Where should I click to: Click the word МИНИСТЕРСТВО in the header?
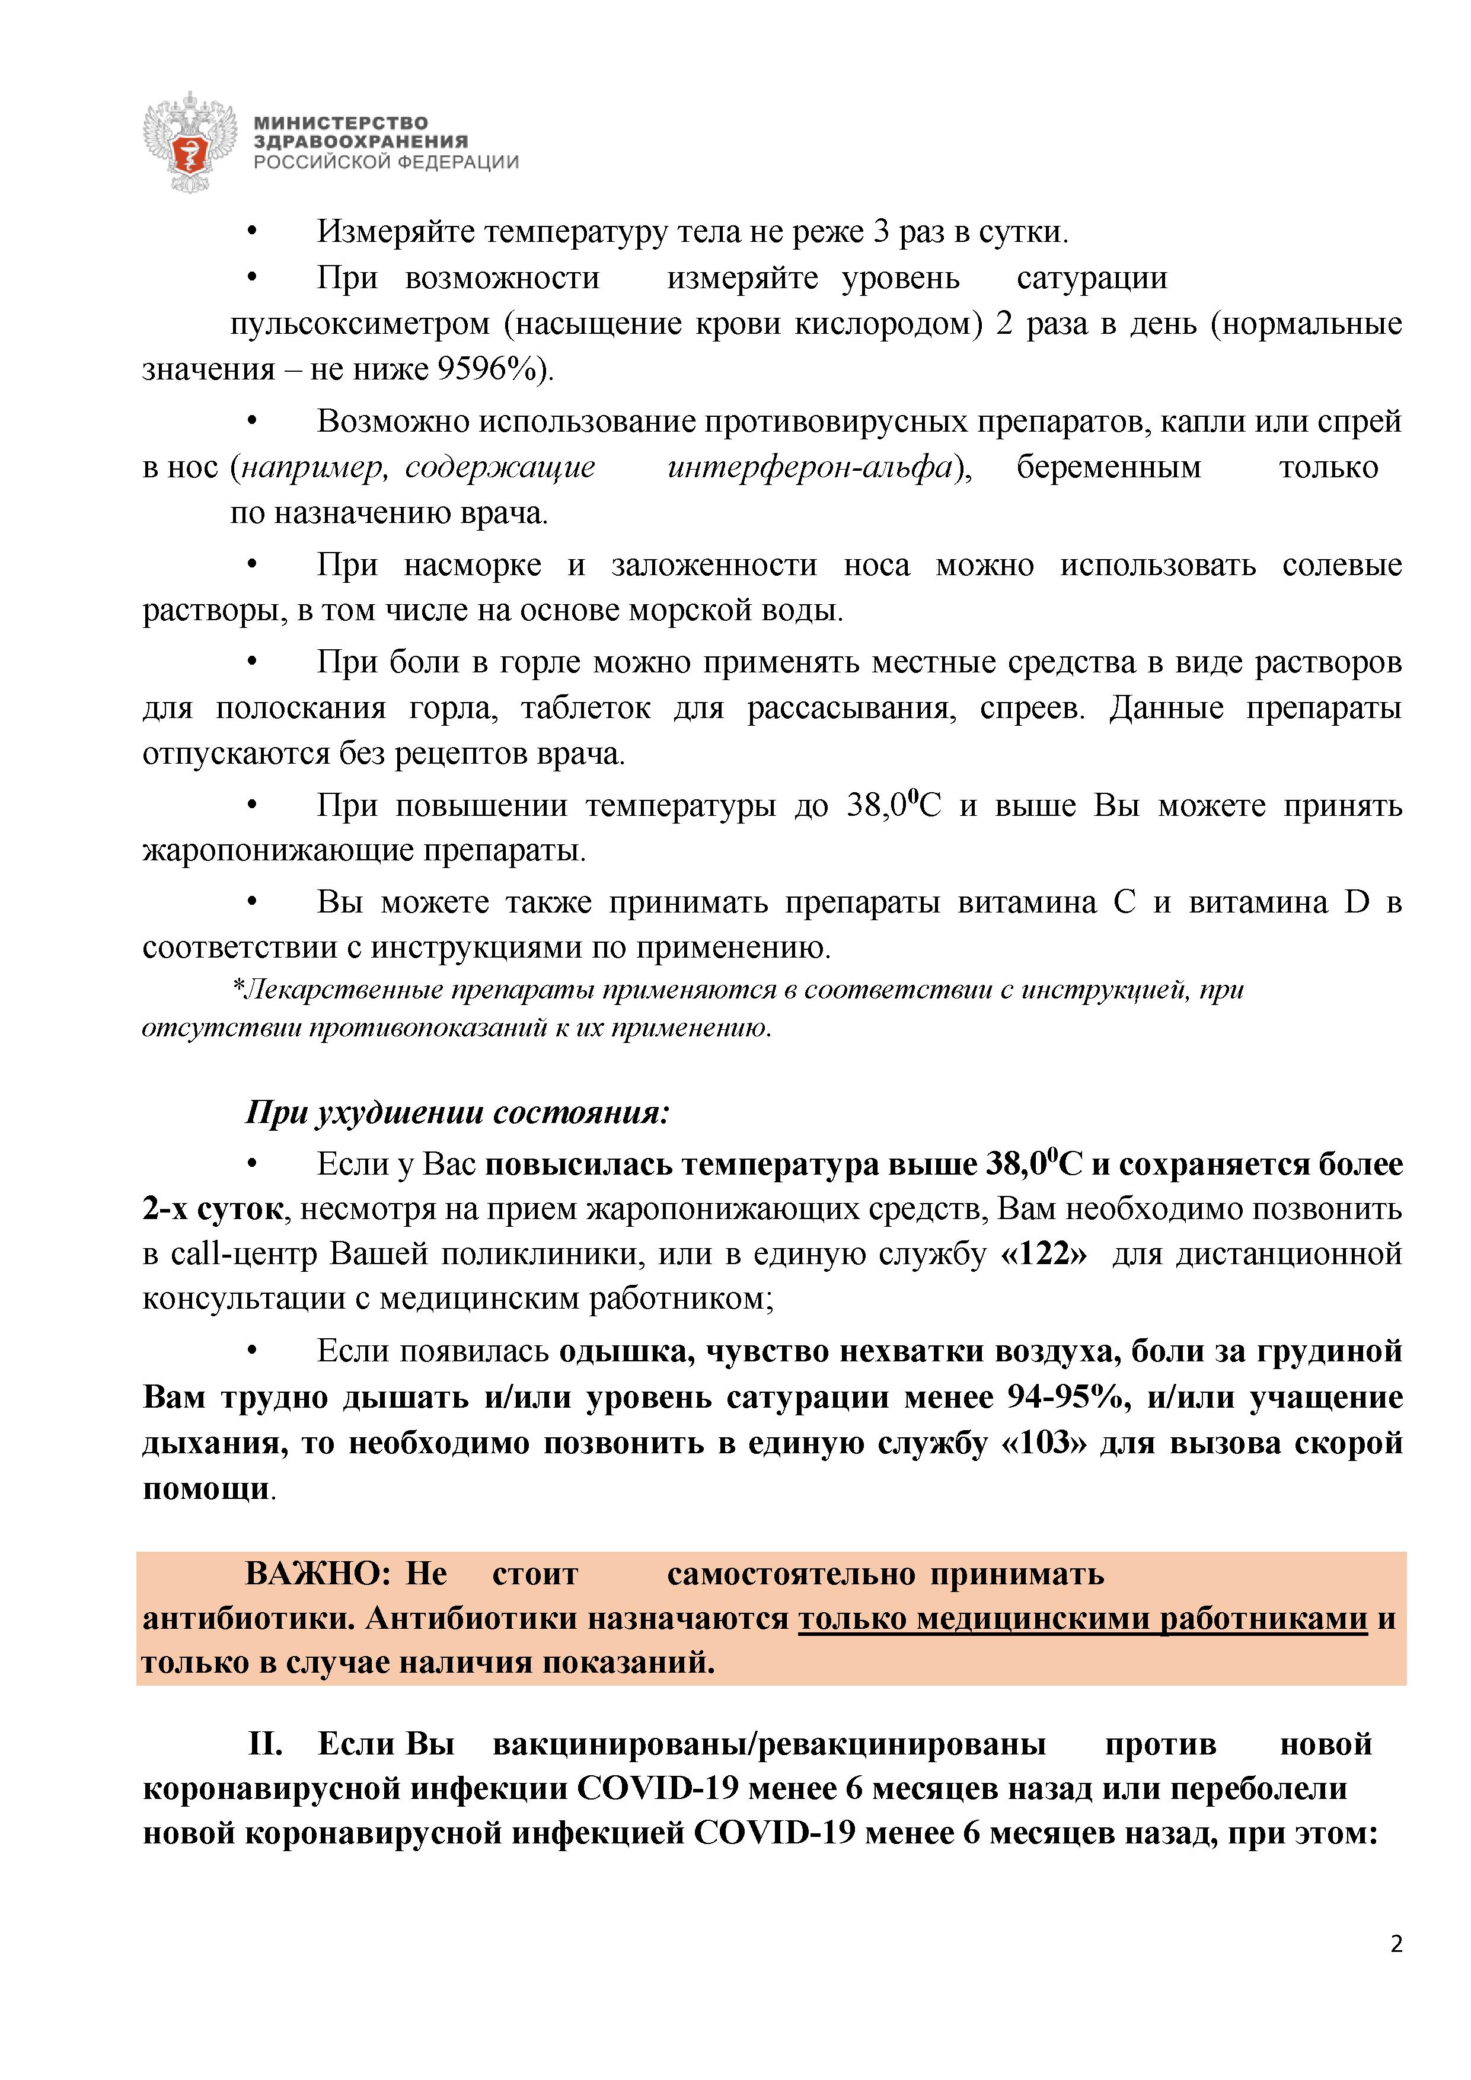[x=340, y=122]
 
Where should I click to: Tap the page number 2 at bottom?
[x=1396, y=1969]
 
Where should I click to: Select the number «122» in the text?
[x=1046, y=1255]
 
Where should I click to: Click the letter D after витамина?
[x=1357, y=902]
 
